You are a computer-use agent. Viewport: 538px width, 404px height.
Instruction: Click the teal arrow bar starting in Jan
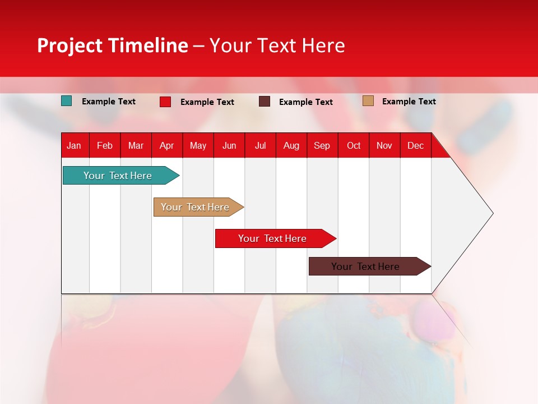pyautogui.click(x=121, y=175)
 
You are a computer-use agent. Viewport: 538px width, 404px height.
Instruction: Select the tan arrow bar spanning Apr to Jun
pyautogui.click(x=198, y=207)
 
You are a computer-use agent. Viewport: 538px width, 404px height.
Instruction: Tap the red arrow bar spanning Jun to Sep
pyautogui.click(x=276, y=238)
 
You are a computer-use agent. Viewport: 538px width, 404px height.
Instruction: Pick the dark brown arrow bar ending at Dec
pyautogui.click(x=370, y=266)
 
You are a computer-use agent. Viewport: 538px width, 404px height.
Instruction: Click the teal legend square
pyautogui.click(x=66, y=101)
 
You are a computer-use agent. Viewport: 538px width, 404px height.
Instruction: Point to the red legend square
pyautogui.click(x=165, y=102)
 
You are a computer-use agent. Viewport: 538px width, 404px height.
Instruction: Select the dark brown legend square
pyautogui.click(x=264, y=102)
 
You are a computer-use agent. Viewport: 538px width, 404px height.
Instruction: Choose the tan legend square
pyautogui.click(x=368, y=100)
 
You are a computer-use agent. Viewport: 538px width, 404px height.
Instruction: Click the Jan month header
pyautogui.click(x=74, y=146)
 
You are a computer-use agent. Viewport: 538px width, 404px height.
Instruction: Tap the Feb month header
pyautogui.click(x=105, y=146)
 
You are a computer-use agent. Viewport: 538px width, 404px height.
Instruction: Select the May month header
pyautogui.click(x=198, y=146)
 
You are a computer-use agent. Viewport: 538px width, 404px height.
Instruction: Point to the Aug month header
pyautogui.click(x=291, y=146)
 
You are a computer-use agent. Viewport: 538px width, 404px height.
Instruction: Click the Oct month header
pyautogui.click(x=354, y=146)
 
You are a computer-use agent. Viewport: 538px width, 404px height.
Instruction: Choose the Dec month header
pyautogui.click(x=415, y=146)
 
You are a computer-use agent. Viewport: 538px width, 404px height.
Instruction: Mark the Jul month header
pyautogui.click(x=261, y=146)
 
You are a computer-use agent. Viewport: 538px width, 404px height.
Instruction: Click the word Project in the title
pyautogui.click(x=69, y=45)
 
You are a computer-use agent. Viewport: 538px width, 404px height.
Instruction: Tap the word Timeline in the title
pyautogui.click(x=149, y=45)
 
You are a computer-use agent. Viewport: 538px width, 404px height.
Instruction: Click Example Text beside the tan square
pyautogui.click(x=409, y=102)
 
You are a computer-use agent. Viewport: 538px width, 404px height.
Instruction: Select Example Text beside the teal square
pyautogui.click(x=109, y=102)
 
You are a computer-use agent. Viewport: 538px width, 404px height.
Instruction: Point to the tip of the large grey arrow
pyautogui.click(x=493, y=213)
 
